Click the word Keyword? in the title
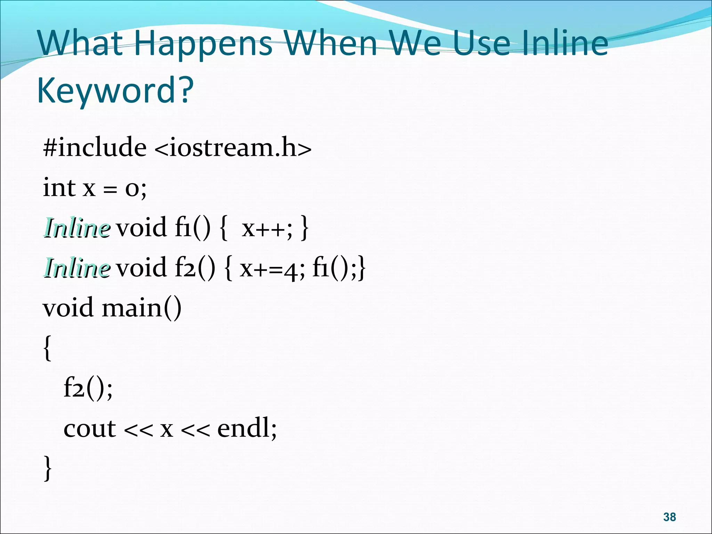[115, 90]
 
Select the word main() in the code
[141, 308]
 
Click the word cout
[89, 428]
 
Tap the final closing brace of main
[48, 468]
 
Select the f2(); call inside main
[88, 388]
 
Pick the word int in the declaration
[59, 187]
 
